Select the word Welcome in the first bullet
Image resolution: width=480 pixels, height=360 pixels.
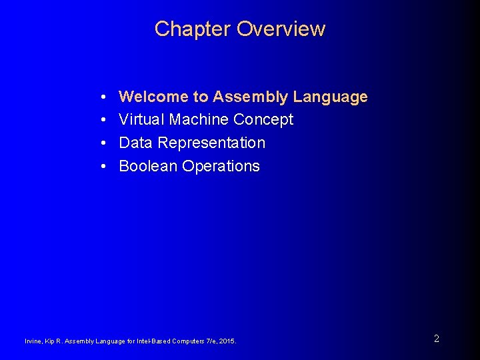[154, 97]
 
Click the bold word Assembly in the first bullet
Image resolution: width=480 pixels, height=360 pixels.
[251, 97]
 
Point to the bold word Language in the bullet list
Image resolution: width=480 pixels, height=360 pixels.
[331, 97]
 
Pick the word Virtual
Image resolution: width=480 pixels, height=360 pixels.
[141, 120]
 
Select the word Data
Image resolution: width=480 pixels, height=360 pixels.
[136, 143]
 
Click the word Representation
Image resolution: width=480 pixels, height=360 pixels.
[211, 143]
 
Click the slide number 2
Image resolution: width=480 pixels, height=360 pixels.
[436, 339]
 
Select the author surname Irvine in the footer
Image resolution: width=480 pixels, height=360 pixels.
[33, 341]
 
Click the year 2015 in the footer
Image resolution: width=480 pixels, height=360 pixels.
[227, 341]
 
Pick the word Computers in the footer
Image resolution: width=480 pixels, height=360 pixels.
[185, 341]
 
